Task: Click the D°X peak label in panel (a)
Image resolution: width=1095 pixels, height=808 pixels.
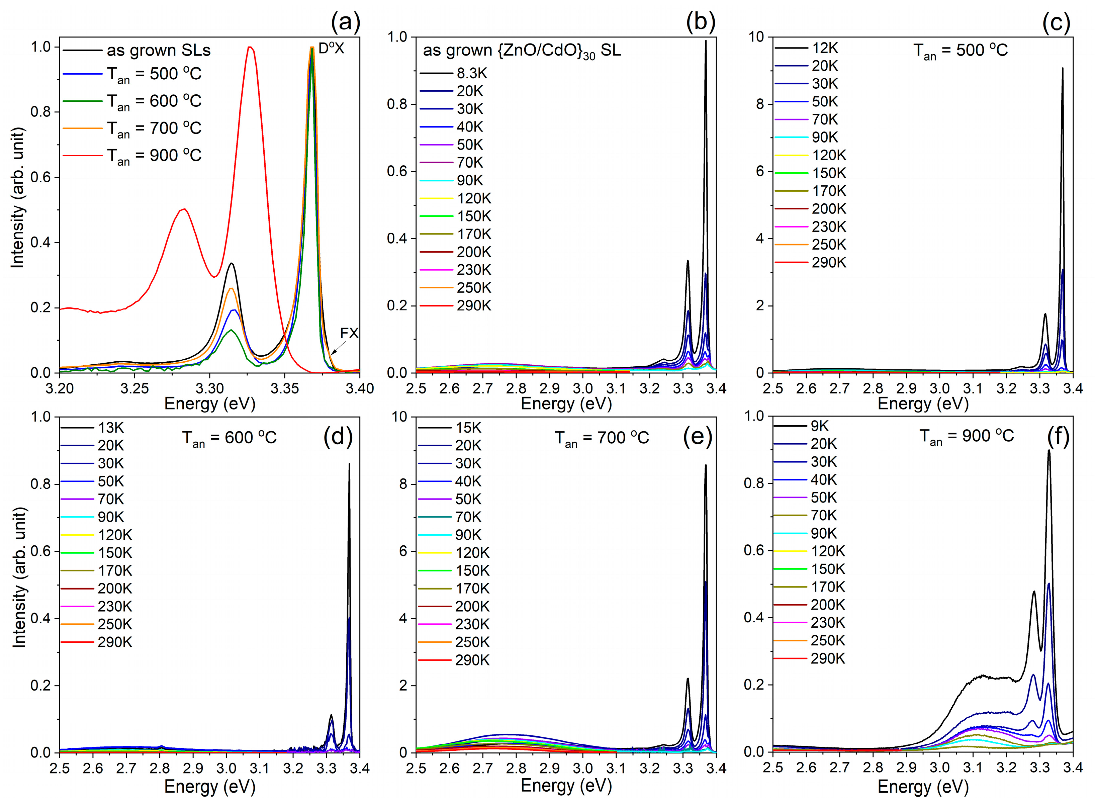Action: pos(331,49)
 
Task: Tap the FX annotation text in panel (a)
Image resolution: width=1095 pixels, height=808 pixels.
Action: pos(349,333)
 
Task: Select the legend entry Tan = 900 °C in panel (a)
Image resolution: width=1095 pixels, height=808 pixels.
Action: pos(154,156)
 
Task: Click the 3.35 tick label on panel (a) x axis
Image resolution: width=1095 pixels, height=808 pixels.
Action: pos(285,389)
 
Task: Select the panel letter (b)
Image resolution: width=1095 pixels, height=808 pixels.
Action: pos(700,22)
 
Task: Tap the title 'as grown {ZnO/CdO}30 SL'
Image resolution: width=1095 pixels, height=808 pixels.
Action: pos(521,51)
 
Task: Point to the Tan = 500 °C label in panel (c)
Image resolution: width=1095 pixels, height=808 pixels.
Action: pos(961,51)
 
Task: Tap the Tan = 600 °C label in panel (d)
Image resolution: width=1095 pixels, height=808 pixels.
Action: pos(230,438)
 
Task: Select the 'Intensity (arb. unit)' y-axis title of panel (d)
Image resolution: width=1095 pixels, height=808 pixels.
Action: pos(19,577)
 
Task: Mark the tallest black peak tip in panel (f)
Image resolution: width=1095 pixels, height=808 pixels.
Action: pos(1048,450)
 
